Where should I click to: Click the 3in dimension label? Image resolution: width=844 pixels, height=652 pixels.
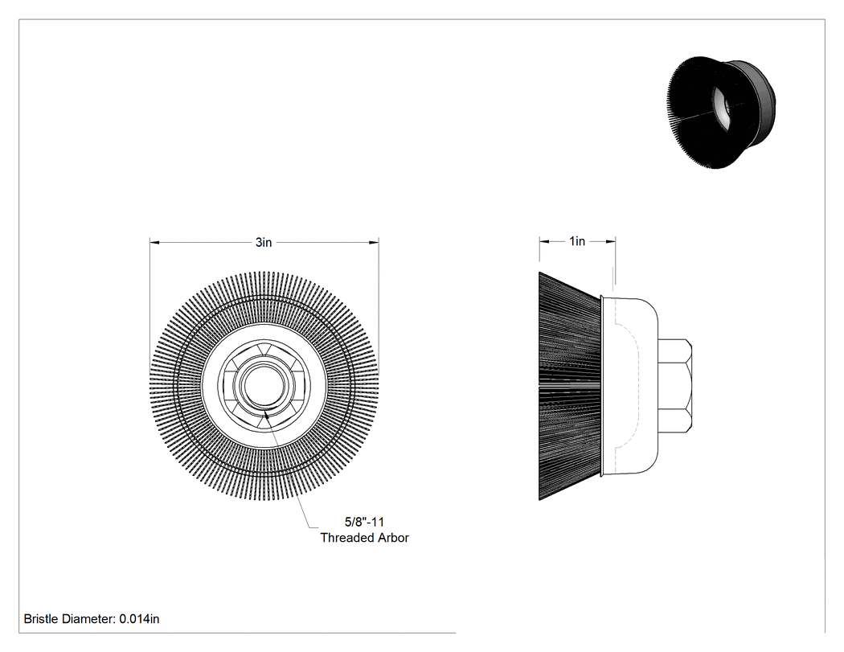[x=263, y=242]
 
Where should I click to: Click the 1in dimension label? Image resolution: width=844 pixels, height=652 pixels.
[x=577, y=241]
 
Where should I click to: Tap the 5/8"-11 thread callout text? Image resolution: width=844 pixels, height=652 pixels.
[x=364, y=522]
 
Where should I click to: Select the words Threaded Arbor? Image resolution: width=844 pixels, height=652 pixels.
[x=364, y=537]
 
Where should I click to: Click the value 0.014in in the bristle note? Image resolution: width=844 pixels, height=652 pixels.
[x=139, y=618]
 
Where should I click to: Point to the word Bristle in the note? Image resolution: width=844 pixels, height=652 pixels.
[x=40, y=618]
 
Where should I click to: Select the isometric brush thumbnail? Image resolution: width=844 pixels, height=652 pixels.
[x=722, y=112]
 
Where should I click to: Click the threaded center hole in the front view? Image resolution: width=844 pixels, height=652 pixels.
[x=264, y=386]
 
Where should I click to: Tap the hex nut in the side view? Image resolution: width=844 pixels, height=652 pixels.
[x=675, y=386]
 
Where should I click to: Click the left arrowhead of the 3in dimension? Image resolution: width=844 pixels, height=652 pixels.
[x=154, y=242]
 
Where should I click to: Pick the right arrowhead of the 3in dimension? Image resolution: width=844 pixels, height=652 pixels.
[x=374, y=242]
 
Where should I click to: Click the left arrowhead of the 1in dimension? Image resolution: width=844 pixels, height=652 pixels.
[x=544, y=241]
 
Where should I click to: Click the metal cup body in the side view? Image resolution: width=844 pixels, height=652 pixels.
[x=629, y=386]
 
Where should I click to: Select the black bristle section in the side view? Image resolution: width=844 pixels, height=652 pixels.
[x=569, y=386]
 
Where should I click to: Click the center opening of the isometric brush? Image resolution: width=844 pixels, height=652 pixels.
[x=721, y=107]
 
